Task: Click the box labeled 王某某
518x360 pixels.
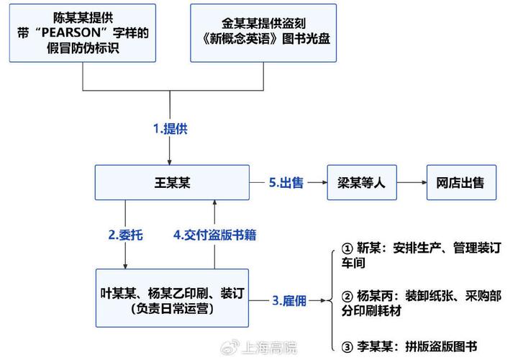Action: (172, 182)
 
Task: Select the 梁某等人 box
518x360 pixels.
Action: (362, 182)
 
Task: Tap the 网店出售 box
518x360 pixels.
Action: (461, 182)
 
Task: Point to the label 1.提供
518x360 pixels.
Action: (170, 129)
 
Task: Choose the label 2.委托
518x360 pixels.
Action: (125, 235)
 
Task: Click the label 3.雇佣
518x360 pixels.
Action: (289, 301)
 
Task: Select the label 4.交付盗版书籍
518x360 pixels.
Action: (214, 235)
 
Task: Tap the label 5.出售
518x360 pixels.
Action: (286, 182)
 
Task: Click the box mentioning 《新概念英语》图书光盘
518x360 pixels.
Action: (263, 33)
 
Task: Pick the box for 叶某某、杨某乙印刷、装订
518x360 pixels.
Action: (172, 298)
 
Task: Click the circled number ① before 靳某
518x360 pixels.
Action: (347, 248)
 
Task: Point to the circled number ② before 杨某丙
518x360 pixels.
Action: (347, 296)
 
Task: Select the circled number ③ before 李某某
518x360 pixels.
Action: (347, 347)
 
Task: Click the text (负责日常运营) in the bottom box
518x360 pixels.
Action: (172, 308)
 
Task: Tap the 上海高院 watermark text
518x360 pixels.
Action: (269, 348)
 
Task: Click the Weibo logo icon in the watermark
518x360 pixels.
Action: (230, 348)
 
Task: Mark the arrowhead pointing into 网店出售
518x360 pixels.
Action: (424, 182)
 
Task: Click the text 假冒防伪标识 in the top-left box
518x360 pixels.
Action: (83, 48)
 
